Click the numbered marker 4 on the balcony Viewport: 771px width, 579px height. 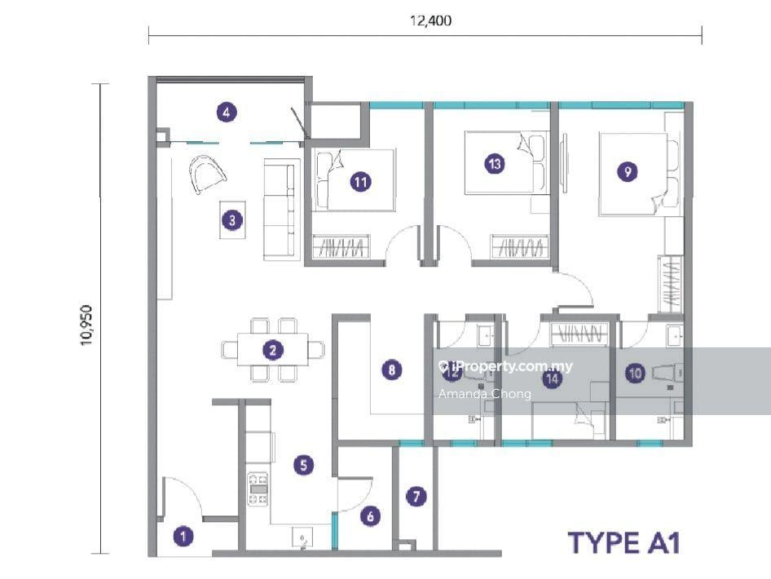[227, 113]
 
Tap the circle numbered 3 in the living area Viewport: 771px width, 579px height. [232, 220]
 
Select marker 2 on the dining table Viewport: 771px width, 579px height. [273, 350]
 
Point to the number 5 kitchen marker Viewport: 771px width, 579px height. [303, 465]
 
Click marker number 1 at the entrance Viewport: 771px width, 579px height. [183, 536]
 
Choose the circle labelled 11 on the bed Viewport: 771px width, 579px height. [360, 183]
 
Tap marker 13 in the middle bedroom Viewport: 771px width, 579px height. [495, 163]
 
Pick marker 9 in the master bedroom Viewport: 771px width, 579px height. [627, 172]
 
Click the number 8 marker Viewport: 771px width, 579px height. [391, 369]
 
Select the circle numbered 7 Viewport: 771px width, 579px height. [416, 497]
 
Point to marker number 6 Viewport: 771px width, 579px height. [370, 516]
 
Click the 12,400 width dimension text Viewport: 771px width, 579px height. [431, 20]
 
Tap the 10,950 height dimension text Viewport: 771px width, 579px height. [86, 325]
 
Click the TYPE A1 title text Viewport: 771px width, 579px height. [624, 543]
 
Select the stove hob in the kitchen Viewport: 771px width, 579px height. [258, 489]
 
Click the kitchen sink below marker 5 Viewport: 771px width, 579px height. [302, 537]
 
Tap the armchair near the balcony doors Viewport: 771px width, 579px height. [207, 174]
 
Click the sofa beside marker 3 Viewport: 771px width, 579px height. [282, 209]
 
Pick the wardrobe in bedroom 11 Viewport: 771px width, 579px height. [341, 246]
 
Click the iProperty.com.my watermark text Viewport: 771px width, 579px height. [506, 366]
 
